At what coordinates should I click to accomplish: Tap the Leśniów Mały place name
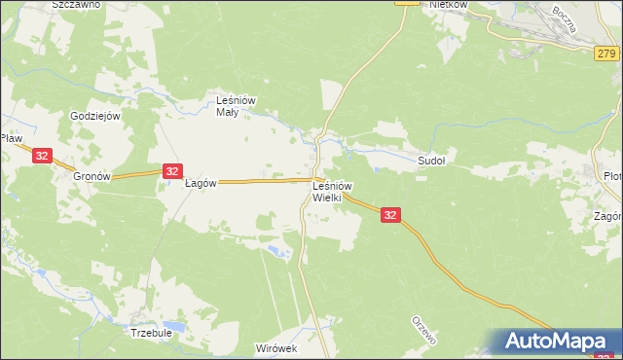pos(234,104)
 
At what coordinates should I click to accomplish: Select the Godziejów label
pos(94,116)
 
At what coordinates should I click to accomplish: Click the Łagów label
pos(200,183)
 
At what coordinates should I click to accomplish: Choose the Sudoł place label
pos(431,161)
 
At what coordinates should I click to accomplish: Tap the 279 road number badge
pos(605,59)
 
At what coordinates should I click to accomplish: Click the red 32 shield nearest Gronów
pos(41,155)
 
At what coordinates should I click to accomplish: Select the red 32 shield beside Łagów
pos(171,171)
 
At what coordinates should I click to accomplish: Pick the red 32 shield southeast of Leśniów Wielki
pos(389,215)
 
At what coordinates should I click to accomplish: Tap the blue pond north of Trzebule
pos(173,325)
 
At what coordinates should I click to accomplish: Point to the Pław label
pos(12,139)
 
